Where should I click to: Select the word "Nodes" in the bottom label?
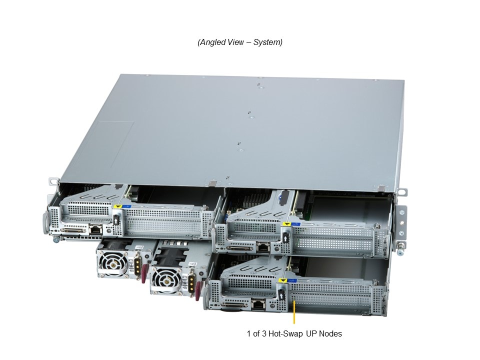click(x=330, y=333)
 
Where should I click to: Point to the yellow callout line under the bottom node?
click(x=294, y=312)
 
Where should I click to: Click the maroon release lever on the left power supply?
click(x=144, y=274)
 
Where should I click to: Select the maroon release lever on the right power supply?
click(x=198, y=291)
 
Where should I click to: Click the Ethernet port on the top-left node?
click(x=95, y=228)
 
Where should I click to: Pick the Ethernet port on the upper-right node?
click(x=262, y=246)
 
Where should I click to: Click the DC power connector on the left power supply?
click(x=138, y=264)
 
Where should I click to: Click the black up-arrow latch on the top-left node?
click(x=116, y=220)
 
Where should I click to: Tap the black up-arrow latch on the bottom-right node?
click(x=281, y=294)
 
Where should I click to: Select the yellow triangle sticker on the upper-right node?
click(x=286, y=224)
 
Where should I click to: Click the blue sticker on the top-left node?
click(x=126, y=206)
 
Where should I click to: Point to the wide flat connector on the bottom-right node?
click(x=234, y=305)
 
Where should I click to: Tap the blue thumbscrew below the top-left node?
click(x=55, y=239)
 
